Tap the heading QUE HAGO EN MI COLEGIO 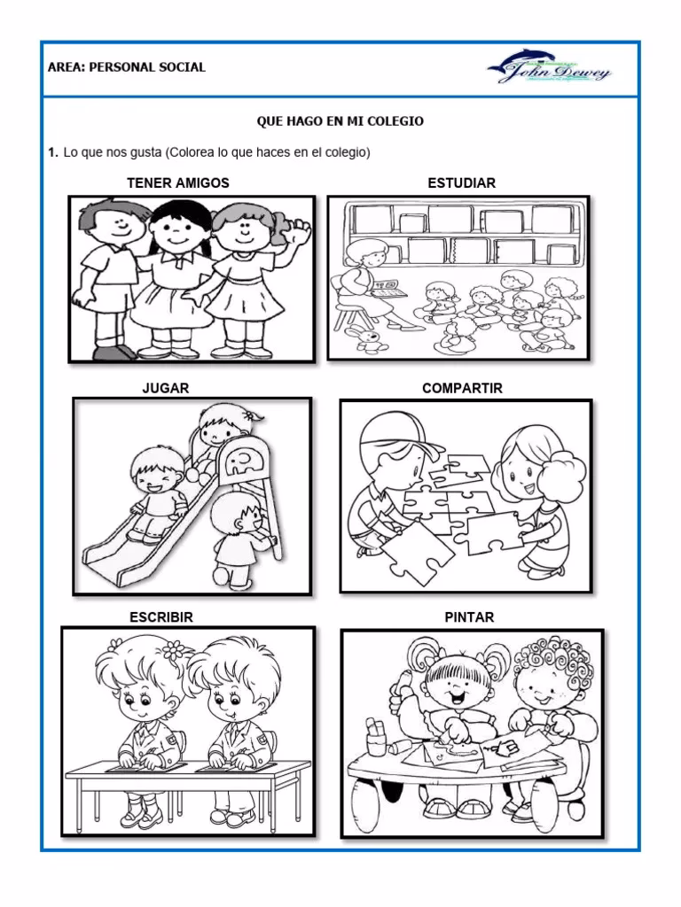point(340,121)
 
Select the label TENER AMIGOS point(177,183)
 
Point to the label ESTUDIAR point(461,183)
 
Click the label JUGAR point(166,389)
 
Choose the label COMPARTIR point(462,389)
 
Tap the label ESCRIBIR point(161,616)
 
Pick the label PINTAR point(469,616)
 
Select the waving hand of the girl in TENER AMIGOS point(300,232)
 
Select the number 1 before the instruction point(52,153)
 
